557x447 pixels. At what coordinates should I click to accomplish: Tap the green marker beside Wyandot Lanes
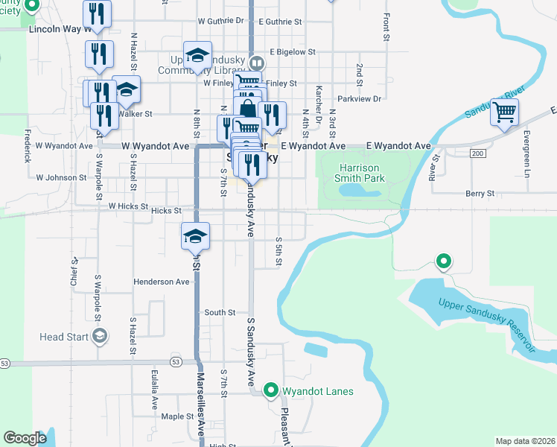(x=272, y=390)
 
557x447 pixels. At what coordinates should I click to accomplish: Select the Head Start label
(x=63, y=337)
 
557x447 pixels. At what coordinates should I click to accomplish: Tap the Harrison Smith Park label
(x=362, y=172)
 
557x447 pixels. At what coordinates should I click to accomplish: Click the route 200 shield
(x=477, y=153)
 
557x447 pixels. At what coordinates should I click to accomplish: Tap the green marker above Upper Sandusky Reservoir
(x=444, y=261)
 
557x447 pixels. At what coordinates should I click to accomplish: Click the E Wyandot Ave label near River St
(x=399, y=146)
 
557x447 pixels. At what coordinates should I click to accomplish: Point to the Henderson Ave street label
(x=162, y=282)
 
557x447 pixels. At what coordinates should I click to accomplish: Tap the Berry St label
(x=480, y=193)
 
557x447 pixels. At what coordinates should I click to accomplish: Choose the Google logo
(x=25, y=438)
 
